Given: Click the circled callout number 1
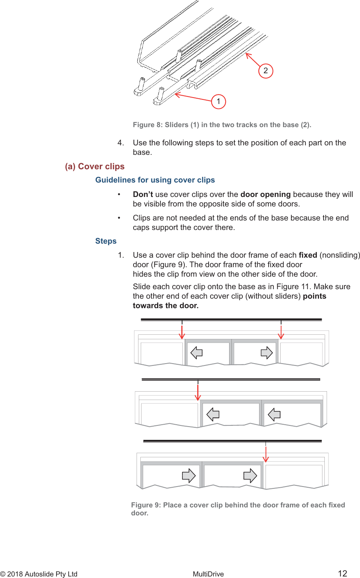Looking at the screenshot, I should (x=219, y=101).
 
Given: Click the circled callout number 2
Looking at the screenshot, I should (x=266, y=71).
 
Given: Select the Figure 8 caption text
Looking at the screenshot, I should (x=222, y=125).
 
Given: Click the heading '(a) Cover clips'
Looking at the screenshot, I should (x=95, y=167).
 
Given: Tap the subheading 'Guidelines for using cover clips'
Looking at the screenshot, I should (x=155, y=180).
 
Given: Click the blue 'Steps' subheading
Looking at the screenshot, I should (x=106, y=241).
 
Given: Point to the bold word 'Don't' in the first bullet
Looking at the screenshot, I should (x=143, y=194).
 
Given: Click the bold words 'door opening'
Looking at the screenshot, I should (x=266, y=194).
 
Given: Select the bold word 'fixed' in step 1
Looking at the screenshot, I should (x=308, y=255).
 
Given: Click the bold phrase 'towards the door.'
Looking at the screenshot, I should (x=166, y=306).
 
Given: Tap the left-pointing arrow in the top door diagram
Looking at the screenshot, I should (x=197, y=353).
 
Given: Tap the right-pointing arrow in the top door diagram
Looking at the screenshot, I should (x=267, y=353).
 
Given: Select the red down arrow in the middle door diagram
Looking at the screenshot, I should (x=198, y=391).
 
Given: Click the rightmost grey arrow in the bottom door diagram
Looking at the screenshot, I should (x=250, y=476).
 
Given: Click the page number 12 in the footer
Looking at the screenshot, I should (x=343, y=573).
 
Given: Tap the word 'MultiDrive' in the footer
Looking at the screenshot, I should (x=208, y=574).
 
